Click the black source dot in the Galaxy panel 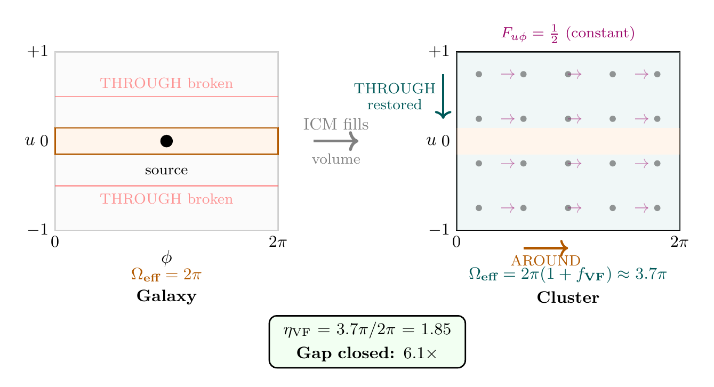(166, 141)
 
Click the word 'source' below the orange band (166, 171)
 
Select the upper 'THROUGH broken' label (166, 84)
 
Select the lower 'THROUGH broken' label (166, 199)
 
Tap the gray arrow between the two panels (335, 141)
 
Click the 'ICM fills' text (336, 124)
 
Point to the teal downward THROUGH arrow (443, 96)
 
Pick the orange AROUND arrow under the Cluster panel (545, 248)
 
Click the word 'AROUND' (545, 261)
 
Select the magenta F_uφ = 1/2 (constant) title (568, 34)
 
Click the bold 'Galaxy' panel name (166, 296)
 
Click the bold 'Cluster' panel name (568, 297)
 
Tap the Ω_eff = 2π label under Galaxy (166, 275)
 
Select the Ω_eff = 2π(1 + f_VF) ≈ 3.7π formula (568, 275)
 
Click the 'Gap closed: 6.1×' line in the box (367, 352)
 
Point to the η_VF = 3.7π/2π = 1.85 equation (367, 330)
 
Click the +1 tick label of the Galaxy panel (37, 52)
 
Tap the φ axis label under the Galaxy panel (166, 259)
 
